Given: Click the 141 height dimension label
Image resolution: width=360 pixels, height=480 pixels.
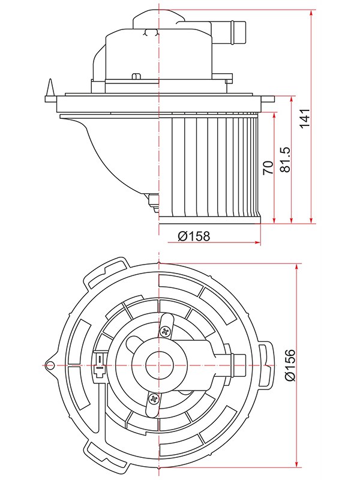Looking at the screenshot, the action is [x=305, y=118].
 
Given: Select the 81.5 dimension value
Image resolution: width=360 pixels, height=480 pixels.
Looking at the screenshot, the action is [x=286, y=160].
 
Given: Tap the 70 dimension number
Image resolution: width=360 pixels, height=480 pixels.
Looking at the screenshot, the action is [x=268, y=167].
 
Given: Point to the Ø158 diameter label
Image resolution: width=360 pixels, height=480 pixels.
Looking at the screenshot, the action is [x=194, y=236].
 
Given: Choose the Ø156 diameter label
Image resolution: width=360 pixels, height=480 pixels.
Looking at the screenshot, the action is [x=290, y=365].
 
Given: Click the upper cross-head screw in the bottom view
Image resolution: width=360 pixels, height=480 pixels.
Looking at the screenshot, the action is [x=166, y=331].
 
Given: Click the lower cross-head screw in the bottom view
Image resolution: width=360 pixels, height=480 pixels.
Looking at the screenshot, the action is [x=153, y=399].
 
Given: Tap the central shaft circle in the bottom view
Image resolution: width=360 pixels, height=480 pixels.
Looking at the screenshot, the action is [x=159, y=365].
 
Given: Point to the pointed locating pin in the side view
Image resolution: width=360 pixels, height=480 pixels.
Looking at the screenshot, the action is [x=50, y=88].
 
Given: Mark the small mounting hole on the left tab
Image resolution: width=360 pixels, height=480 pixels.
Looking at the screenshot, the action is [x=49, y=365].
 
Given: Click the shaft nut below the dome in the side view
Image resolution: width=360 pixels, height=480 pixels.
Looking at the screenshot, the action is [x=153, y=202].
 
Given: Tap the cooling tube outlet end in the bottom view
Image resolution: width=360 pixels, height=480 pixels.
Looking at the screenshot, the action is [x=239, y=365].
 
